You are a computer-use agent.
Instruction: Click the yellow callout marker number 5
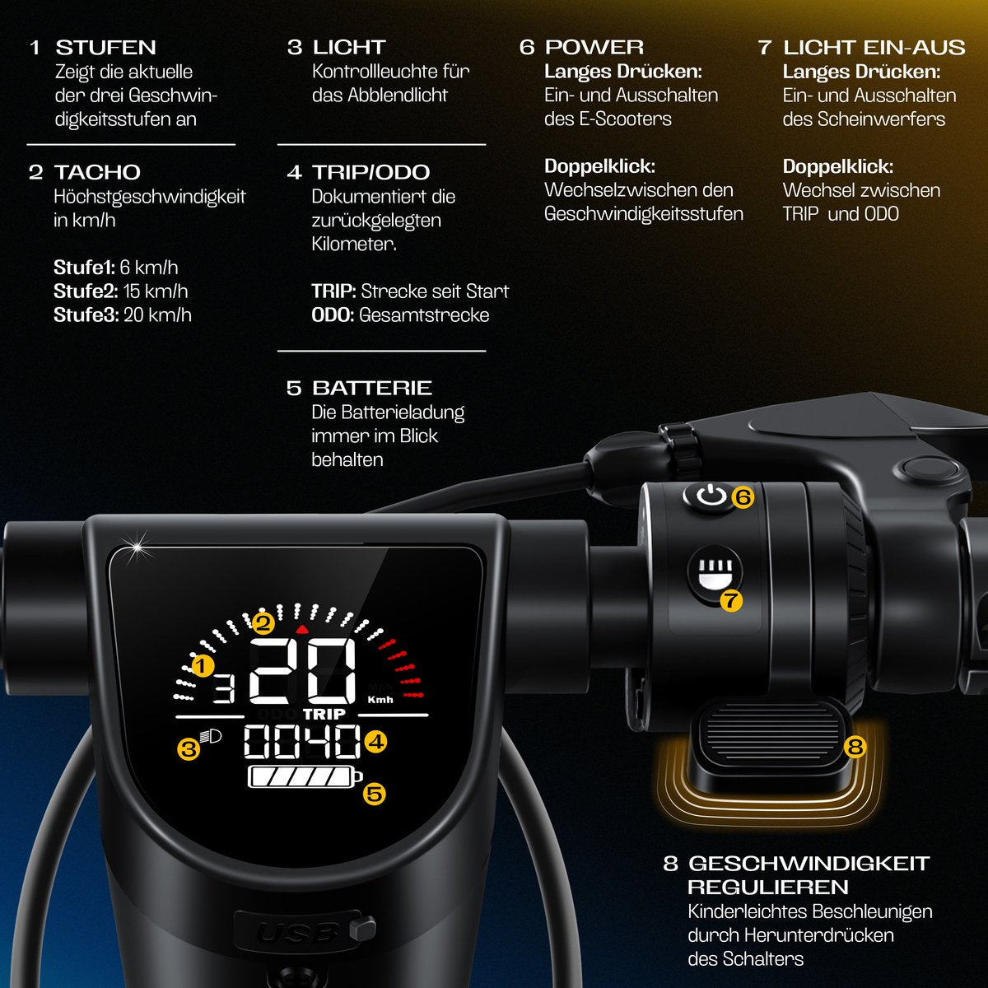375,795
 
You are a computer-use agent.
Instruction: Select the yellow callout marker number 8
855,747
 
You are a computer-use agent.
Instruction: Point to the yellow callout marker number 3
189,749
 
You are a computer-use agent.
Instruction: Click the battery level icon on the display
305,776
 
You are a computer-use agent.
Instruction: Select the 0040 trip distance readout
302,741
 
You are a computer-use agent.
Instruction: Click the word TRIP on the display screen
324,714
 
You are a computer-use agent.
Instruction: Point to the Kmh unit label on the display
380,700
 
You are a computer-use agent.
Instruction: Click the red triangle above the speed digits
302,629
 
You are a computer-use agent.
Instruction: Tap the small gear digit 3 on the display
224,688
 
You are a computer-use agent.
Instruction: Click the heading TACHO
97,172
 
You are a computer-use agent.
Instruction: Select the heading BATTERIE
372,388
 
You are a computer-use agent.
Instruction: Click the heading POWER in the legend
594,47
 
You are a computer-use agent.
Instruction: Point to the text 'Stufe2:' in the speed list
86,291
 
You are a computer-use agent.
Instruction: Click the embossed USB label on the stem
298,933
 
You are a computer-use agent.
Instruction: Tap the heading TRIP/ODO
370,172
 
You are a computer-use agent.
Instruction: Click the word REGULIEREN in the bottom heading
767,888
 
